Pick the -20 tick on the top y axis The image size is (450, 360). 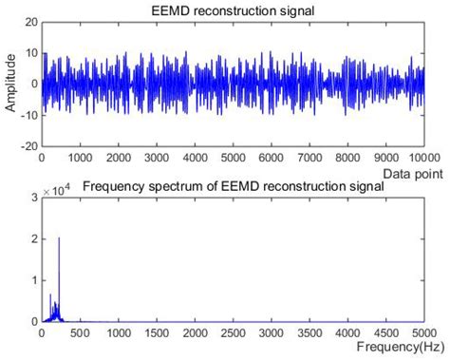click(28, 147)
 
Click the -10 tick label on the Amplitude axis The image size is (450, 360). click(28, 115)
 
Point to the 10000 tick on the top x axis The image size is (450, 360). click(422, 158)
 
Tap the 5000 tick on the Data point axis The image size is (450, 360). click(232, 158)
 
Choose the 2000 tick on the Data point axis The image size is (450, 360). click(117, 158)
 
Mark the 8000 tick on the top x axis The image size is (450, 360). click(347, 158)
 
